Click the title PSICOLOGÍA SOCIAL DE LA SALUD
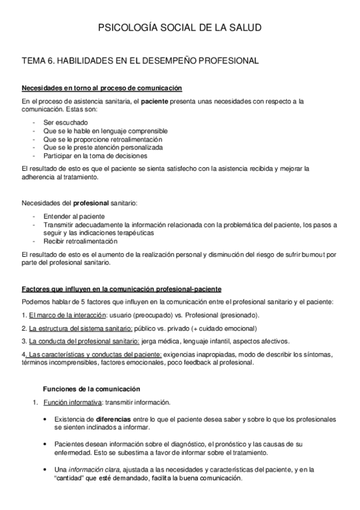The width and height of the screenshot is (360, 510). [x=180, y=28]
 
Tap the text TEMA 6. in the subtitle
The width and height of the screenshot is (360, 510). [x=37, y=60]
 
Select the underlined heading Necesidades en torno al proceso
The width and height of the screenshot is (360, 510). [x=101, y=88]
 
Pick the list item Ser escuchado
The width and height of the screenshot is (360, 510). [x=66, y=123]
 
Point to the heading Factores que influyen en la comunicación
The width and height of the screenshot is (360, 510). [x=121, y=289]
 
